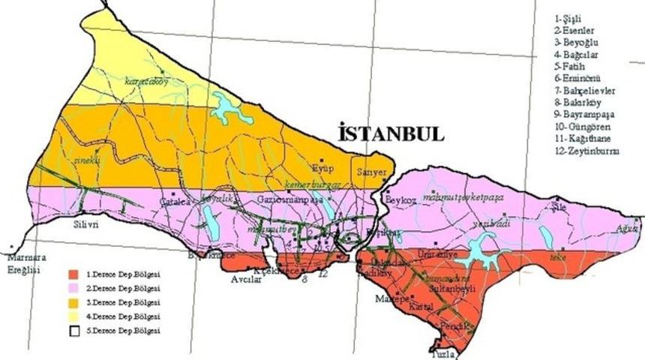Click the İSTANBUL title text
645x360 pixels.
tap(391, 133)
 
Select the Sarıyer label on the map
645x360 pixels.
tap(372, 172)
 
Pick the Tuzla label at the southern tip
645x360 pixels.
tap(443, 353)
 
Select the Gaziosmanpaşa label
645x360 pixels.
tap(289, 200)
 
